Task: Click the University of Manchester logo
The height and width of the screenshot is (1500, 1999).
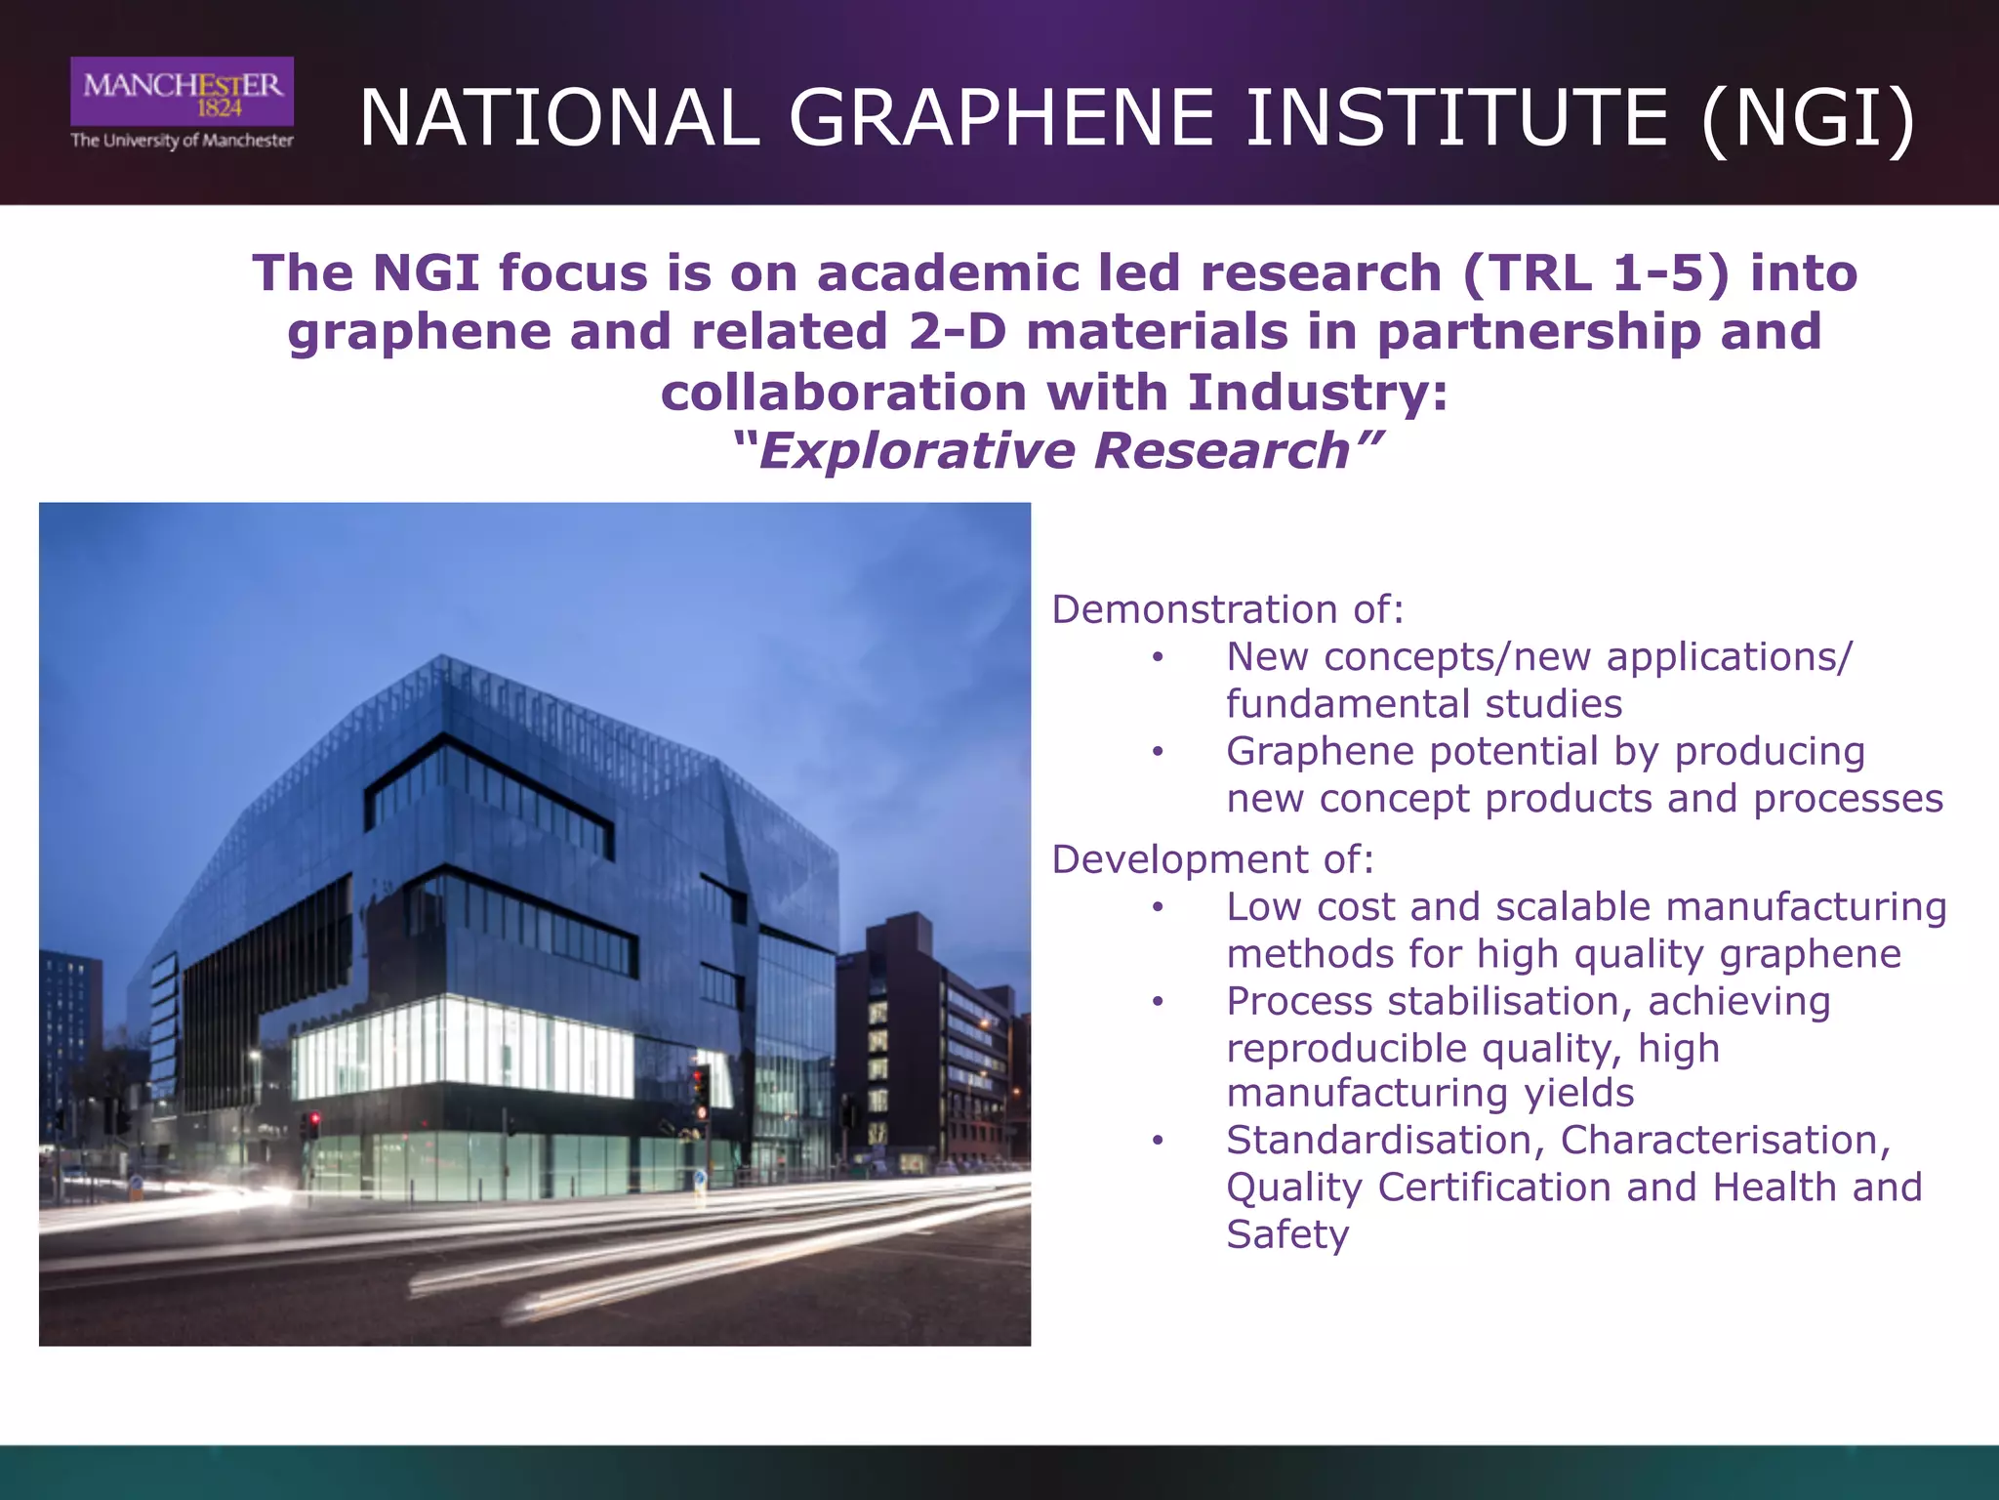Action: pos(182,104)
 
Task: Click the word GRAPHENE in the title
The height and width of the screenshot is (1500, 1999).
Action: pos(1001,119)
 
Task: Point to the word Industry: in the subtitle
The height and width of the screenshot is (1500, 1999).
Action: pos(1318,393)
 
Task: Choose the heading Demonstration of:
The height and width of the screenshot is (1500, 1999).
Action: pos(1227,609)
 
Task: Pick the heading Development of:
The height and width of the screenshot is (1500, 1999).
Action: pos(1212,859)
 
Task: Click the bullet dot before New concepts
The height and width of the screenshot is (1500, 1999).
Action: pos(1158,657)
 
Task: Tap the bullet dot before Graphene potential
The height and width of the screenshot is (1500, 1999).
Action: pos(1158,752)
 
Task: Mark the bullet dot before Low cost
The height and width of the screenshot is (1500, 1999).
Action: pos(1158,907)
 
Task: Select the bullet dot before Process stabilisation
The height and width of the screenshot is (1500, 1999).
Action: pos(1158,1002)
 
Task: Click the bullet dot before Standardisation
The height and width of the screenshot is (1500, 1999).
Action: pos(1158,1141)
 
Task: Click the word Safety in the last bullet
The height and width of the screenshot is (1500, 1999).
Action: pos(1287,1234)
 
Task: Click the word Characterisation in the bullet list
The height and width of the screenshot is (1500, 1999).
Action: pos(1724,1141)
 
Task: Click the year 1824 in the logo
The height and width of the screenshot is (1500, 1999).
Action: pos(220,108)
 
